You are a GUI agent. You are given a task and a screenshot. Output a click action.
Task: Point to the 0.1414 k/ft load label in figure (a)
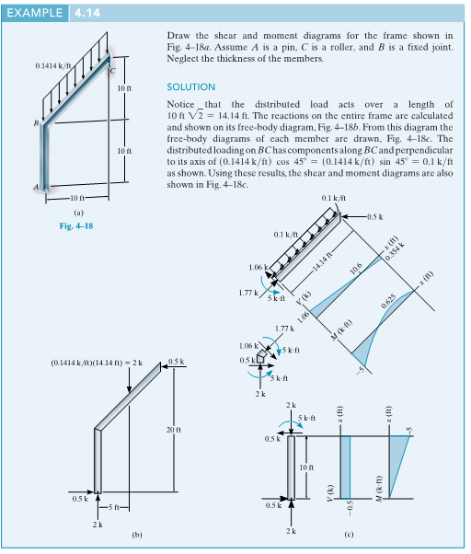pos(52,66)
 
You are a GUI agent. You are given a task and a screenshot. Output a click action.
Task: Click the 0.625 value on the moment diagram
pos(393,303)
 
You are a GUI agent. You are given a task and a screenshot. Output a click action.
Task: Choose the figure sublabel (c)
pos(347,535)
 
